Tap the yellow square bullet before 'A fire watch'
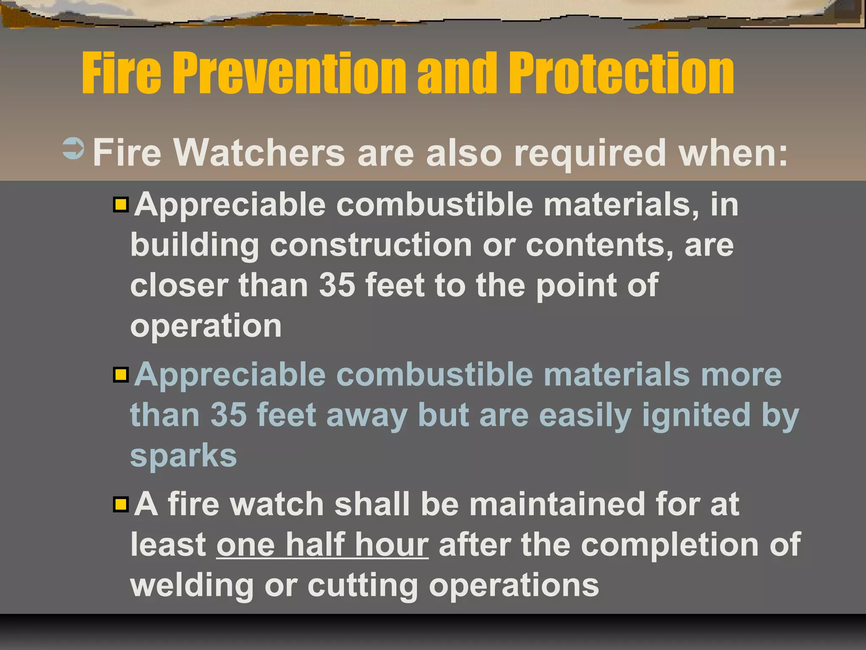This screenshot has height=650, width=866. coord(121,504)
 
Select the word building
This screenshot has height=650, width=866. coord(195,246)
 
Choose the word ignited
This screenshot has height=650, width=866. coord(696,415)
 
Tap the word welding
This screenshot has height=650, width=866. coord(192,586)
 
